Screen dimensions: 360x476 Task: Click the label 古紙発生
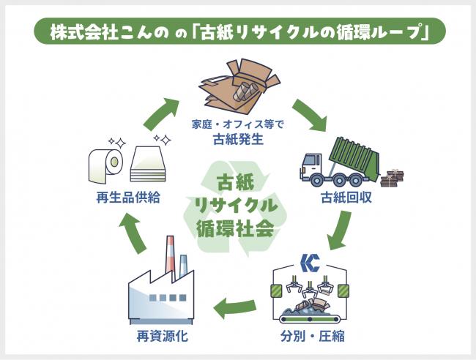tap(238, 137)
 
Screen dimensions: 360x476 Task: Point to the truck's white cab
tap(310, 167)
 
